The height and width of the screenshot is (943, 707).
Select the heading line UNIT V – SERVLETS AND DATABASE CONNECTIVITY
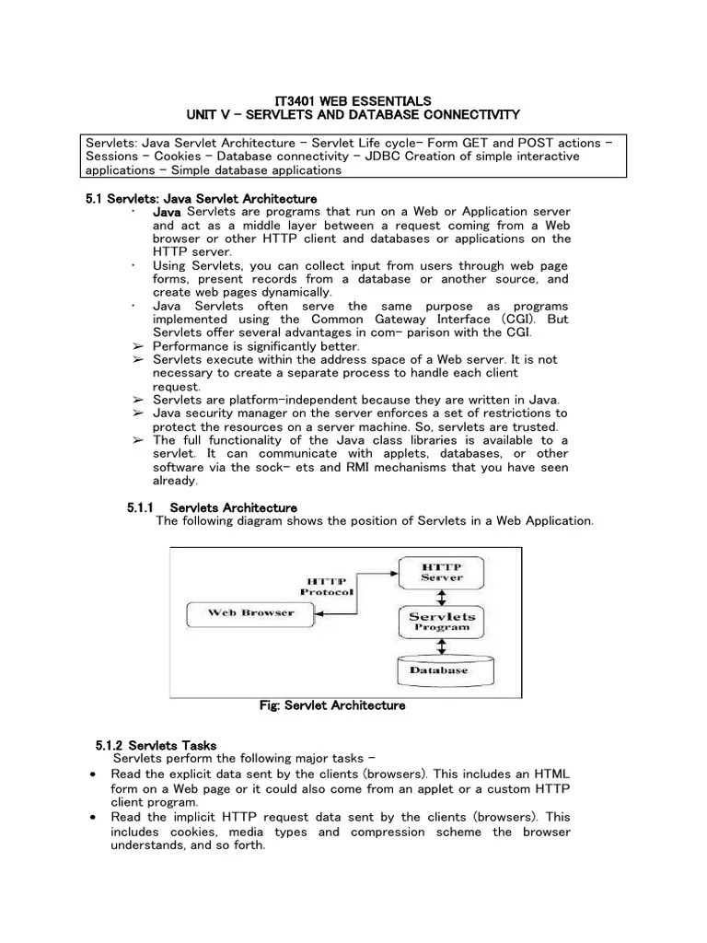[x=353, y=114]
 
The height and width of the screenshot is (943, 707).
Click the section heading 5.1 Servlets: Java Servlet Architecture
[x=201, y=199]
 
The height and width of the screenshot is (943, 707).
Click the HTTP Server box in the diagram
[x=442, y=572]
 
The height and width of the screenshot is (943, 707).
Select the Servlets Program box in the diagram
[x=442, y=621]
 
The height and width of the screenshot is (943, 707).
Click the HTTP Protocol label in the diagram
[x=327, y=587]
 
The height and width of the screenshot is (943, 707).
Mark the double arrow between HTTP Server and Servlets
[x=442, y=596]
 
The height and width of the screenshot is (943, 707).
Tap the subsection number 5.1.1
[x=140, y=507]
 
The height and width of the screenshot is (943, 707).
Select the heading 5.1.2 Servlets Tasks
[x=156, y=744]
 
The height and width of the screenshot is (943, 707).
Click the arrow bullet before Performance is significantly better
[x=136, y=345]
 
